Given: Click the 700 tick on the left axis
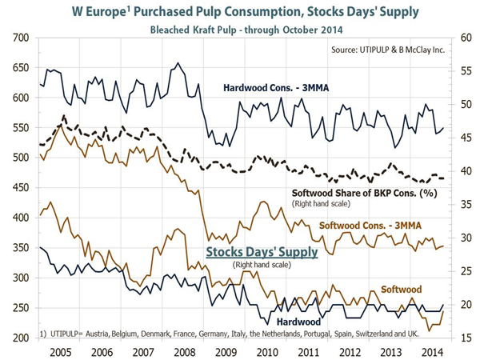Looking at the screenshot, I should [18, 38].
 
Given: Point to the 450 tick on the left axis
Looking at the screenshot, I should [18, 188].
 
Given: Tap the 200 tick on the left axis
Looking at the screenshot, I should [18, 338].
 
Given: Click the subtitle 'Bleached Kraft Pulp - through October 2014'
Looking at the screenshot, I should [239, 30].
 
